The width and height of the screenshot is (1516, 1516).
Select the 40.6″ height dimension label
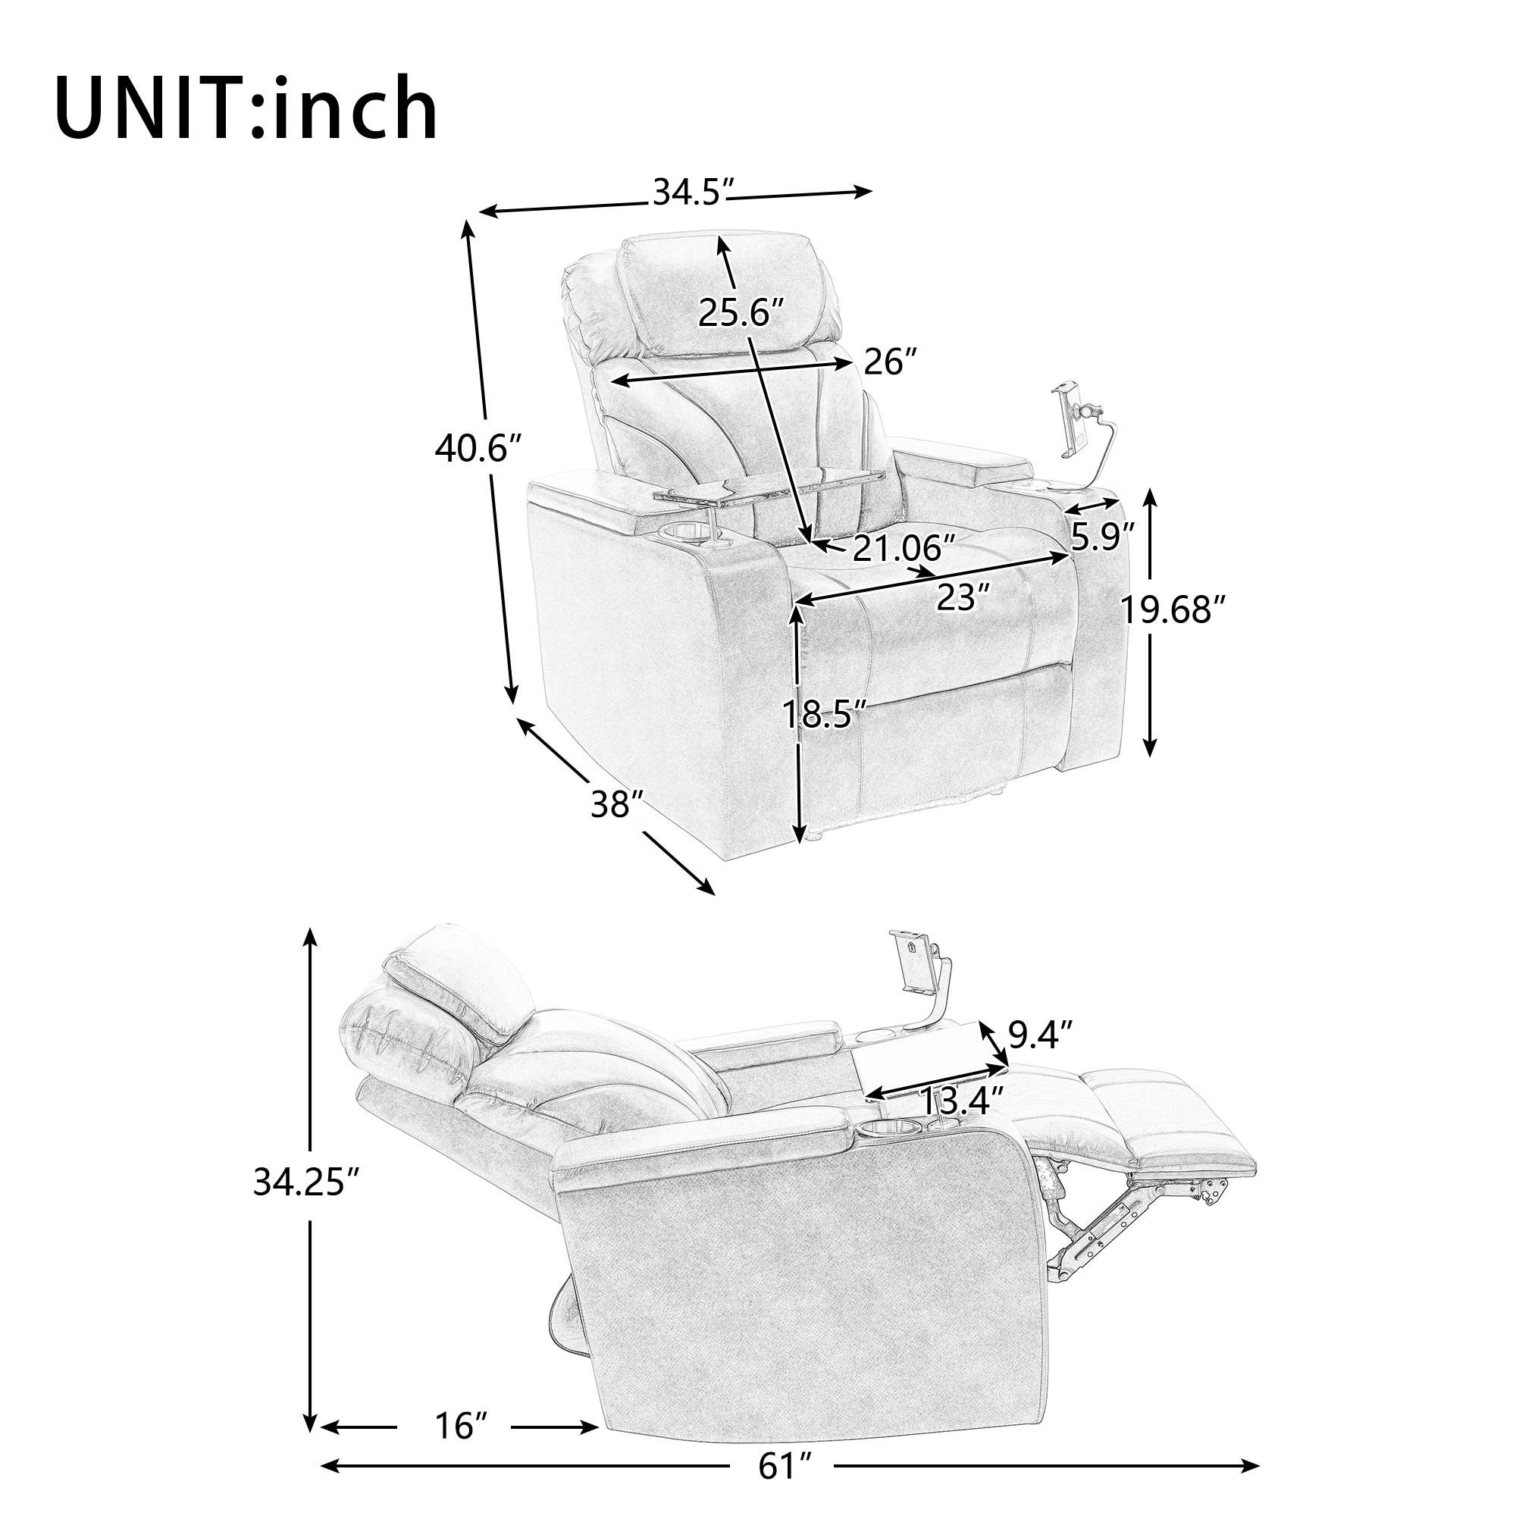(478, 449)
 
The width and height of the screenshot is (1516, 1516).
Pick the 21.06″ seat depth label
(904, 548)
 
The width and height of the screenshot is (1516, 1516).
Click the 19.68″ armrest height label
(1173, 609)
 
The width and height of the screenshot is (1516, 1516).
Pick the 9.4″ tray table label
(1041, 1035)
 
